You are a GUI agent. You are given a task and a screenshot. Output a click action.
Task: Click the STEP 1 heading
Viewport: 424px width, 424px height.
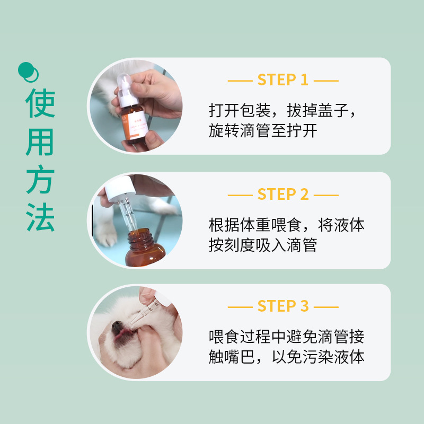(x=283, y=80)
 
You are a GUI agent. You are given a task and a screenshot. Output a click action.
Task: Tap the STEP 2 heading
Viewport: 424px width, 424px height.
(x=283, y=194)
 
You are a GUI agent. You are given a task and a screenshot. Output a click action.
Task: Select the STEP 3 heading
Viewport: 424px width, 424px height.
(x=283, y=306)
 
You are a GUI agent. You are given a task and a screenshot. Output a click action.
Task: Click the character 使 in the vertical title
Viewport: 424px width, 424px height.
(x=40, y=103)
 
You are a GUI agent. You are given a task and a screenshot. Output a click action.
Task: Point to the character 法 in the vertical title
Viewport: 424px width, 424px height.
(x=40, y=217)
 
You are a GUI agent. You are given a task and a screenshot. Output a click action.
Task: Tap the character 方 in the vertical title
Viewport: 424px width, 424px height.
(x=40, y=179)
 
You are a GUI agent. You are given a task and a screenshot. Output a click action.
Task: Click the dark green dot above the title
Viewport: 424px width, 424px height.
(x=25, y=70)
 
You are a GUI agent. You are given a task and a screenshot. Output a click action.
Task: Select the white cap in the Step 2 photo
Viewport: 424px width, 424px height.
(x=120, y=189)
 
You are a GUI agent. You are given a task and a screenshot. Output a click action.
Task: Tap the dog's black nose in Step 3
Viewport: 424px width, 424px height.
(x=118, y=327)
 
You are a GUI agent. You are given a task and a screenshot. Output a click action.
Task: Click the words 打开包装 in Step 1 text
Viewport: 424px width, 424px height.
(x=240, y=111)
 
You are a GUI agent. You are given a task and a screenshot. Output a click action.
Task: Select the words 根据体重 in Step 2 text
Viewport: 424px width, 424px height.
(x=240, y=225)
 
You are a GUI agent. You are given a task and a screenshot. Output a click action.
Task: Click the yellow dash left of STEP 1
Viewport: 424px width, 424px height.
(x=240, y=81)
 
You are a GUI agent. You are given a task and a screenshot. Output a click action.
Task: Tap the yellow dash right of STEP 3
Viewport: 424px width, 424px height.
(x=326, y=307)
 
